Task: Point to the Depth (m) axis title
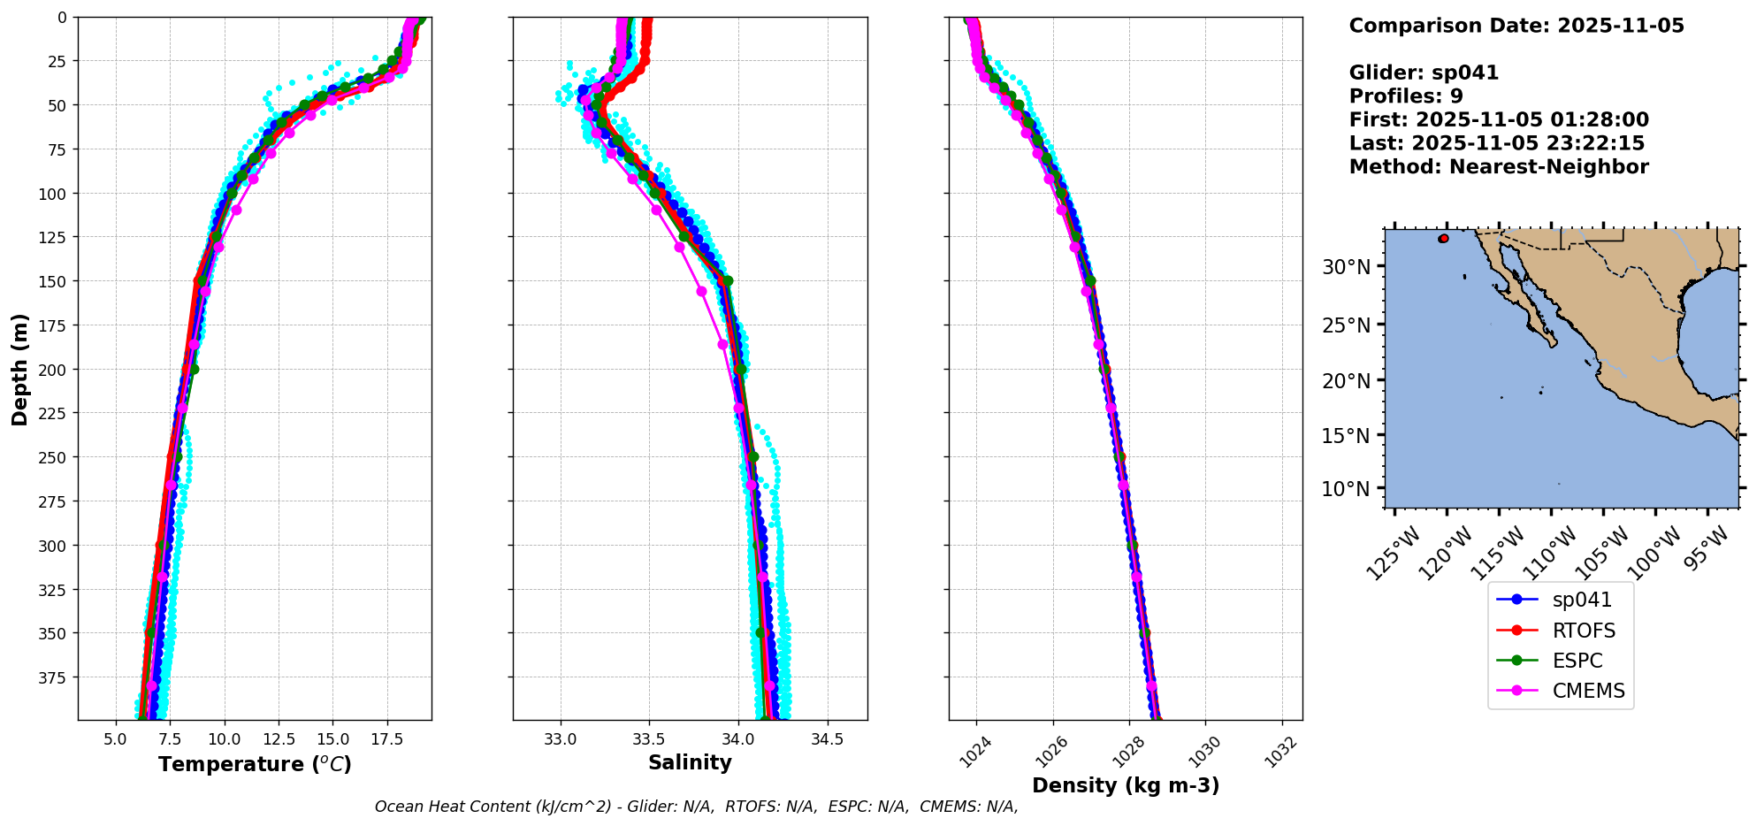click(x=19, y=369)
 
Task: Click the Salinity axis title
click(x=690, y=763)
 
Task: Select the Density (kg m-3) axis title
click(x=1126, y=785)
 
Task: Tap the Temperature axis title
click(x=255, y=764)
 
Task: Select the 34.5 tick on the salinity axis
click(x=826, y=739)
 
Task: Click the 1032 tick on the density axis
click(x=1280, y=752)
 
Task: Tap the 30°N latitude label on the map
click(x=1346, y=267)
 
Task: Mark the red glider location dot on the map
click(x=1444, y=239)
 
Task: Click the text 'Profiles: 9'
click(x=1406, y=96)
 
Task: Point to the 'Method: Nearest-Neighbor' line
click(x=1499, y=167)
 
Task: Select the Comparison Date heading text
click(x=1516, y=26)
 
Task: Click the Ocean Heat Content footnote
click(x=696, y=807)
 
